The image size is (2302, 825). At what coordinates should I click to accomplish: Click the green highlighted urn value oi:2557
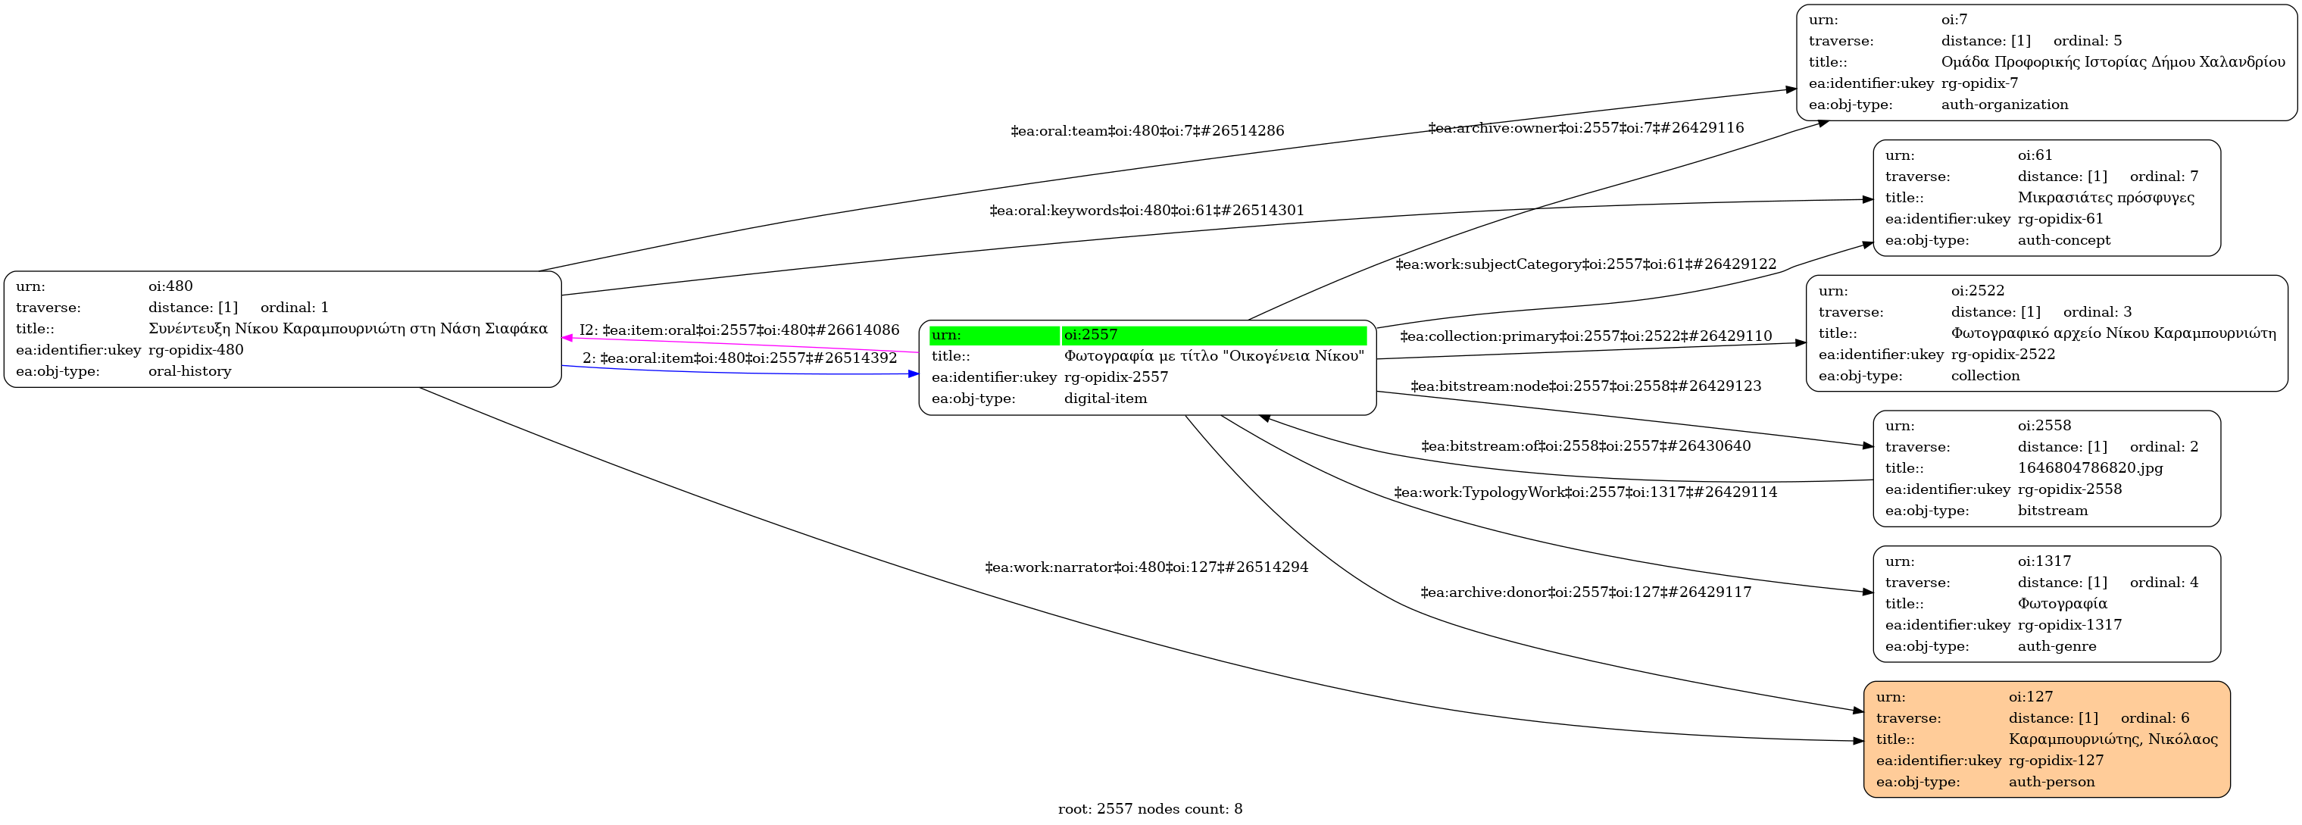1090,335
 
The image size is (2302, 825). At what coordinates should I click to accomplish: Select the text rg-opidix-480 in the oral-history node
195,349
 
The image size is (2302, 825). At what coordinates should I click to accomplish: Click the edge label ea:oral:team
1147,130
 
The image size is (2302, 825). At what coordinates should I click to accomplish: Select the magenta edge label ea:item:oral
739,330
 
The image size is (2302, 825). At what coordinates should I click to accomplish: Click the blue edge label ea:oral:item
739,358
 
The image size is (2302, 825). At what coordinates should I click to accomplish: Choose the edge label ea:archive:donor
1585,592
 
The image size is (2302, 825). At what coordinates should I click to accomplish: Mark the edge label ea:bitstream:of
1585,445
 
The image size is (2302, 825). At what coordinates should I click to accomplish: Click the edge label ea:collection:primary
1585,336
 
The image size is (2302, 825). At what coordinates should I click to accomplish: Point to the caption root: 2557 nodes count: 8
1149,809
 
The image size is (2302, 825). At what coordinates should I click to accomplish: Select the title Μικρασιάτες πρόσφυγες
2105,198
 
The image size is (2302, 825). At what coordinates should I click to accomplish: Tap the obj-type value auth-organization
2004,105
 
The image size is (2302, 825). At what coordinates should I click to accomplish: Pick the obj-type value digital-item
1104,398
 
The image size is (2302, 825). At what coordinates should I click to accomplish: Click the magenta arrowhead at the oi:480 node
567,338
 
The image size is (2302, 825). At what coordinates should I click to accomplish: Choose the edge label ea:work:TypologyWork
1585,492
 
